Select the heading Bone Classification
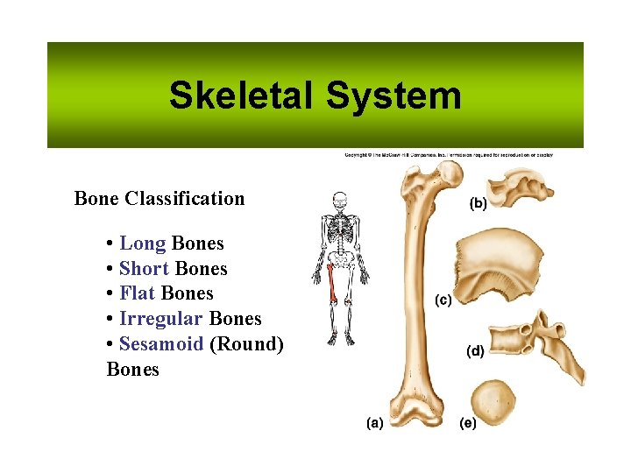[x=160, y=198]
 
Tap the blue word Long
[x=142, y=244]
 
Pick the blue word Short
[x=144, y=269]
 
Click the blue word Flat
[x=138, y=293]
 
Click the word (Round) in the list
[x=246, y=344]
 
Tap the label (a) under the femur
[x=374, y=424]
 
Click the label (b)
[x=479, y=203]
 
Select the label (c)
[x=443, y=300]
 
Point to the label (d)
[x=474, y=351]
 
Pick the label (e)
[x=469, y=424]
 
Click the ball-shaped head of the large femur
[x=448, y=174]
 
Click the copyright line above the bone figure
[x=447, y=155]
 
